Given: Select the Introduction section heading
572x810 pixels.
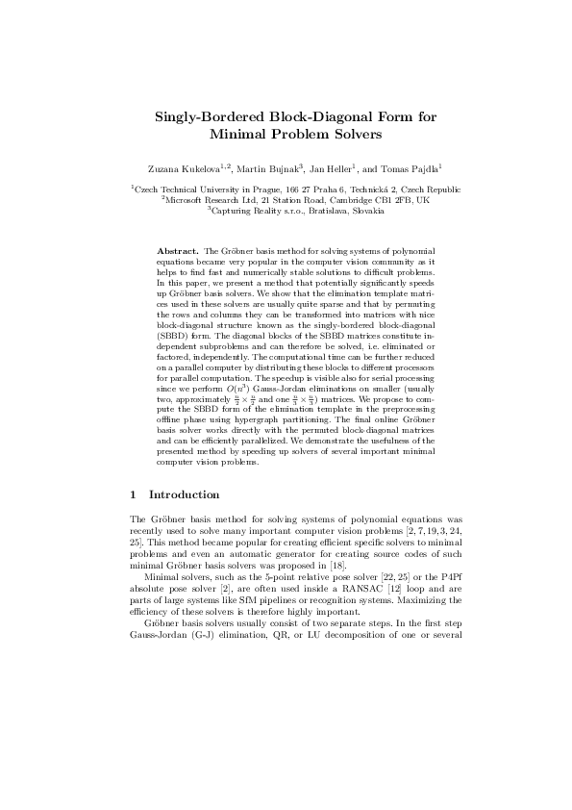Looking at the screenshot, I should (185, 494).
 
